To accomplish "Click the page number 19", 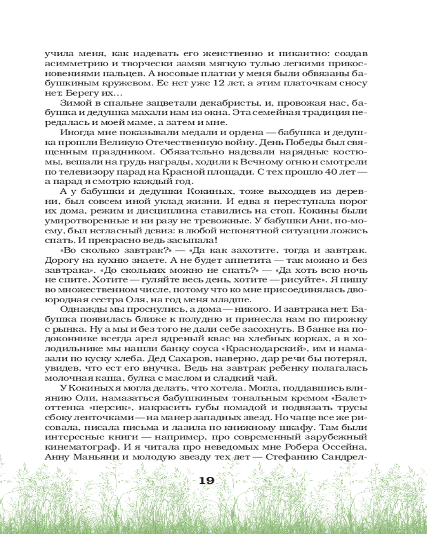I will tap(206, 481).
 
